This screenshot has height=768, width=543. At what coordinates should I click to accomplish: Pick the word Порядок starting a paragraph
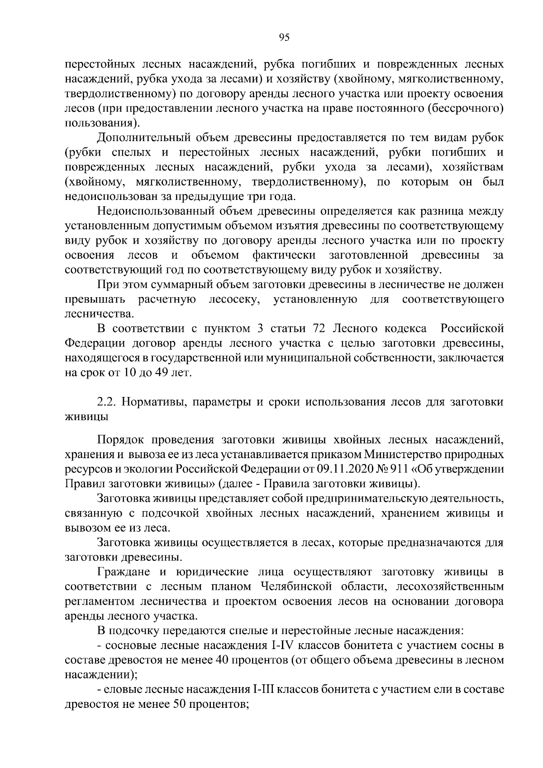pyautogui.click(x=119, y=439)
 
